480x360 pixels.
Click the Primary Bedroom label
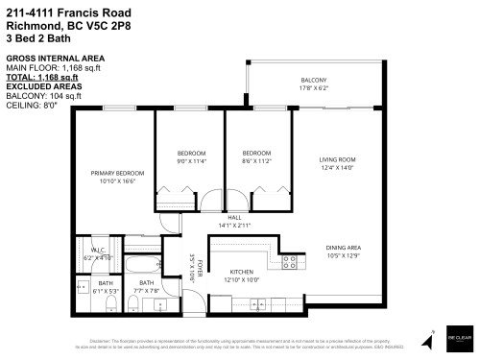coord(117,173)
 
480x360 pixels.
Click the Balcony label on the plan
coord(314,80)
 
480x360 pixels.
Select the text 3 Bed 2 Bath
coord(36,36)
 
